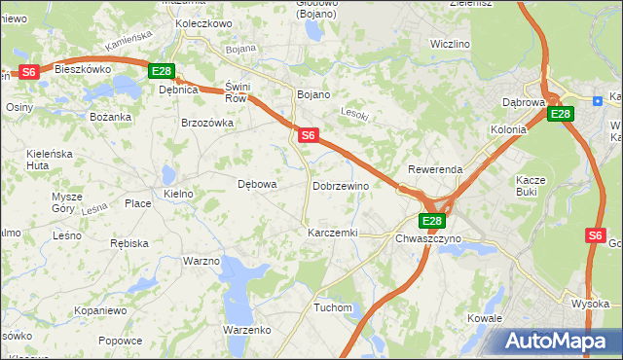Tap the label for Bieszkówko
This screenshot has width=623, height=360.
click(x=84, y=70)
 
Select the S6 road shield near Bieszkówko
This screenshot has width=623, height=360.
click(x=29, y=71)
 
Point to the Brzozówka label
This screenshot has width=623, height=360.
click(x=207, y=124)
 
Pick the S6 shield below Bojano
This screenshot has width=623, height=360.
click(x=308, y=136)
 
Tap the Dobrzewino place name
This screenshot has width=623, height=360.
click(x=341, y=186)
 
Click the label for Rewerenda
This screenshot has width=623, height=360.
click(x=435, y=169)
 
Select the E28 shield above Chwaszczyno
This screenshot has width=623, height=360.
click(x=432, y=221)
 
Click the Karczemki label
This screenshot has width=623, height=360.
click(x=333, y=234)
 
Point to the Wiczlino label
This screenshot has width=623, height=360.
click(x=450, y=45)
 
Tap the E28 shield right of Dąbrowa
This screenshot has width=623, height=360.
click(x=560, y=115)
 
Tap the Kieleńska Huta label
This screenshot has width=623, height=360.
click(x=52, y=160)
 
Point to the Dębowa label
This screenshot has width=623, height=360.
click(x=258, y=183)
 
